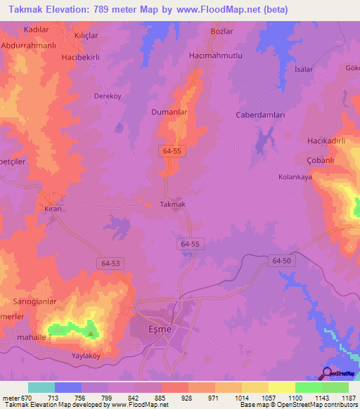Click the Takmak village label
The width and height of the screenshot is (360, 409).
tap(172, 204)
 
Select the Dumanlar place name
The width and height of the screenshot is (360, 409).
tap(168, 111)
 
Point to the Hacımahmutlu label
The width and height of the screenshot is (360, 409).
tap(216, 55)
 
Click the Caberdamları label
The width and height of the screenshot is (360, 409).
tap(259, 115)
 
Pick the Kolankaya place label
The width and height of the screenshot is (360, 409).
tap(295, 177)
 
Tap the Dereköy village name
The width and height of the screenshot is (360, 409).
tap(110, 98)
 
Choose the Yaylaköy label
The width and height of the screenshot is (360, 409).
tap(90, 356)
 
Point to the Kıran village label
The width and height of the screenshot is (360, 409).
tap(53, 209)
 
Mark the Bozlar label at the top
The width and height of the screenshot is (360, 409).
tap(221, 32)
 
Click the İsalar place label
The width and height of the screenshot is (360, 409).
tap(303, 70)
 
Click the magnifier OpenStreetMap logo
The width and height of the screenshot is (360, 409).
tap(327, 373)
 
